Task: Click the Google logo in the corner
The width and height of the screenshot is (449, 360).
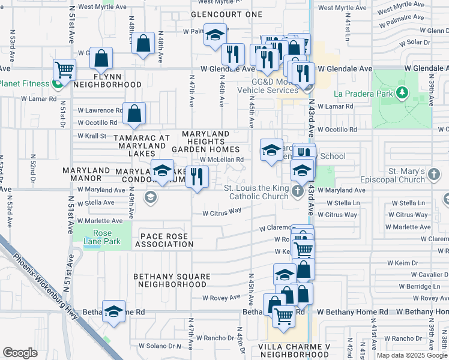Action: click(x=20, y=353)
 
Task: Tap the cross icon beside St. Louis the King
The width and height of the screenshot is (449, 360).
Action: click(x=298, y=192)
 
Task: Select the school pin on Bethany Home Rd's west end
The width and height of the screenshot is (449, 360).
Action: click(x=113, y=311)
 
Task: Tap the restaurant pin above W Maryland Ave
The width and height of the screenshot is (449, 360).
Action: click(x=197, y=176)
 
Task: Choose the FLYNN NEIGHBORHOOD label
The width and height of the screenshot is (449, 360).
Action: click(x=107, y=81)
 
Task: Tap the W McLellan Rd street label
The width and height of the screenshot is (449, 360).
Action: click(x=221, y=160)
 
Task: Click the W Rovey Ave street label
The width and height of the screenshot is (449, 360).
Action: click(x=221, y=298)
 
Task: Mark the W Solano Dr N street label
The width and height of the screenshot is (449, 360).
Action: click(x=160, y=346)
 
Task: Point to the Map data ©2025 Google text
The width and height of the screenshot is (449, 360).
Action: click(x=411, y=355)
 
